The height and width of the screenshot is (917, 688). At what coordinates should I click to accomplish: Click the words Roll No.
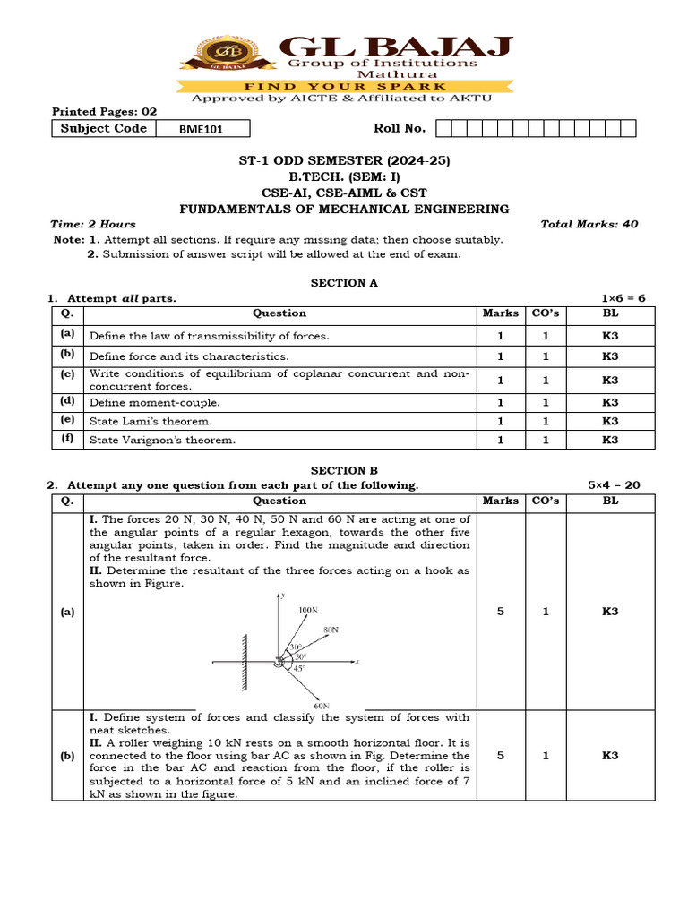[400, 128]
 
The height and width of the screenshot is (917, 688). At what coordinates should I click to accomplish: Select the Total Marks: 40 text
[589, 224]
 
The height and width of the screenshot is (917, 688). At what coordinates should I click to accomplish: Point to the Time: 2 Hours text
[93, 224]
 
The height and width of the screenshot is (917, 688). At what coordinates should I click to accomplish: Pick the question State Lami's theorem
[150, 421]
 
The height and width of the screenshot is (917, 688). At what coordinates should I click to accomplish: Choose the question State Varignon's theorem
[162, 440]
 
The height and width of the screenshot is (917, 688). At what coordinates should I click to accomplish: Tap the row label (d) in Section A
[67, 401]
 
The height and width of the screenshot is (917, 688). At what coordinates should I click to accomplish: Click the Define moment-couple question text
[154, 403]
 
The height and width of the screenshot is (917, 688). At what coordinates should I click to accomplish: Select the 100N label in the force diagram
[307, 610]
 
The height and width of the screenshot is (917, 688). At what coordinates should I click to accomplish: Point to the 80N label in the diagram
[331, 630]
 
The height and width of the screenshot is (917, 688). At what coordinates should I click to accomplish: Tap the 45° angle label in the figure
[301, 668]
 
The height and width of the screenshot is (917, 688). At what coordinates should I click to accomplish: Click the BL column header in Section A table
[610, 313]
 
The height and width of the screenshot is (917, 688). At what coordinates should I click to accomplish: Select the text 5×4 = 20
[614, 484]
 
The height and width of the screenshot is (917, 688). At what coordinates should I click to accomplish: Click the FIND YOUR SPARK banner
[344, 86]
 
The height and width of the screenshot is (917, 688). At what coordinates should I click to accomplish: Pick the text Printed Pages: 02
[104, 112]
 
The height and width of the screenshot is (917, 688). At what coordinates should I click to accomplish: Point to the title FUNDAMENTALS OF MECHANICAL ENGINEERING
[344, 209]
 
